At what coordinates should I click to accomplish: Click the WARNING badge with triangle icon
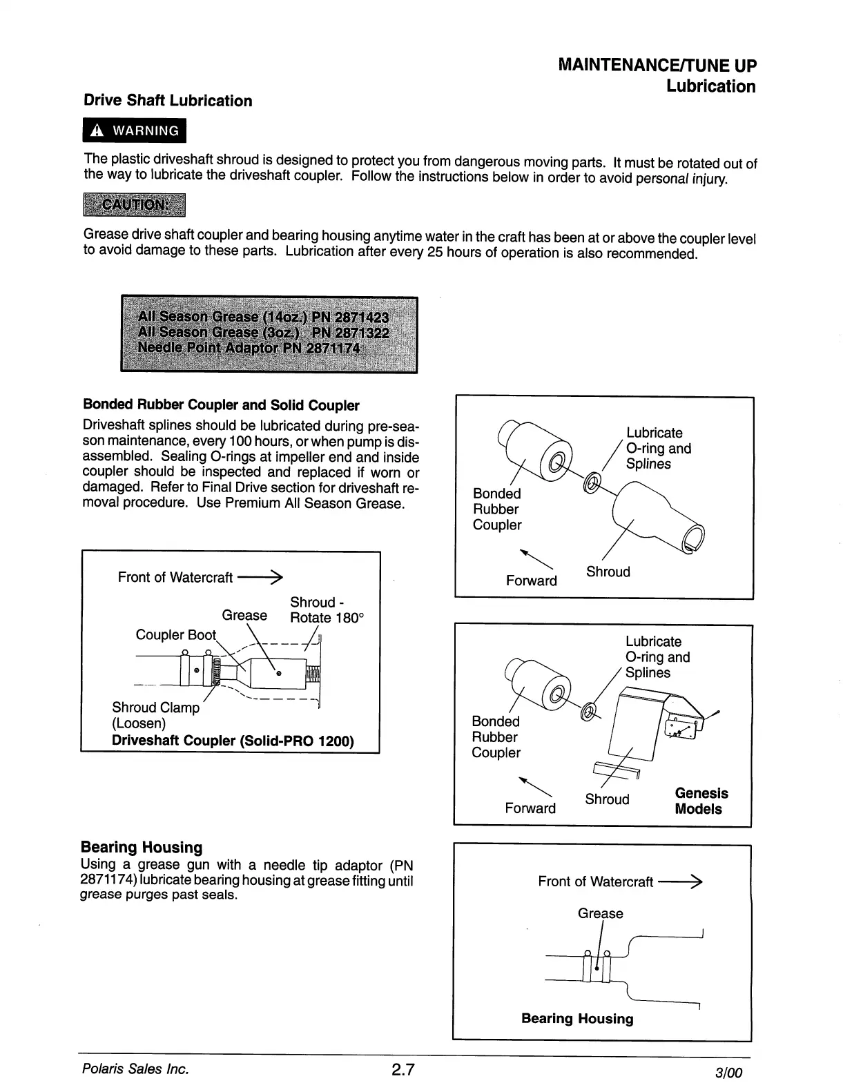point(134,130)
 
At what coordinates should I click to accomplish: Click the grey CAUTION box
point(134,205)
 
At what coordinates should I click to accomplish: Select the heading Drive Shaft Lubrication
point(168,101)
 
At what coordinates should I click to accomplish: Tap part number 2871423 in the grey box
point(361,318)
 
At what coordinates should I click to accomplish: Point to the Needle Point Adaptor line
point(249,348)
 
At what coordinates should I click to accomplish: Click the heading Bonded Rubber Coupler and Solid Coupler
point(221,405)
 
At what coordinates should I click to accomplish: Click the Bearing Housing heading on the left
point(142,847)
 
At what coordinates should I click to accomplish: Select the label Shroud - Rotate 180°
point(326,610)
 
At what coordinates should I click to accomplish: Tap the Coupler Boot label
point(175,635)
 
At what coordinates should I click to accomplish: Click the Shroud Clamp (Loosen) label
point(155,715)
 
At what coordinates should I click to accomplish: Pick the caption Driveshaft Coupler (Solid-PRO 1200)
point(233,741)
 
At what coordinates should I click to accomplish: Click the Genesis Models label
point(701,801)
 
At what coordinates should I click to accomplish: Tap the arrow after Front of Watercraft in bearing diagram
point(680,881)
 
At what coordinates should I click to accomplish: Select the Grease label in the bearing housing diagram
point(600,913)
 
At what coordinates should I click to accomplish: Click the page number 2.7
point(403,1071)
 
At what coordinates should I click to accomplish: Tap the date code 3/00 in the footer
point(728,1073)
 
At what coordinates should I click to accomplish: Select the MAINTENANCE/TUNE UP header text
point(657,66)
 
